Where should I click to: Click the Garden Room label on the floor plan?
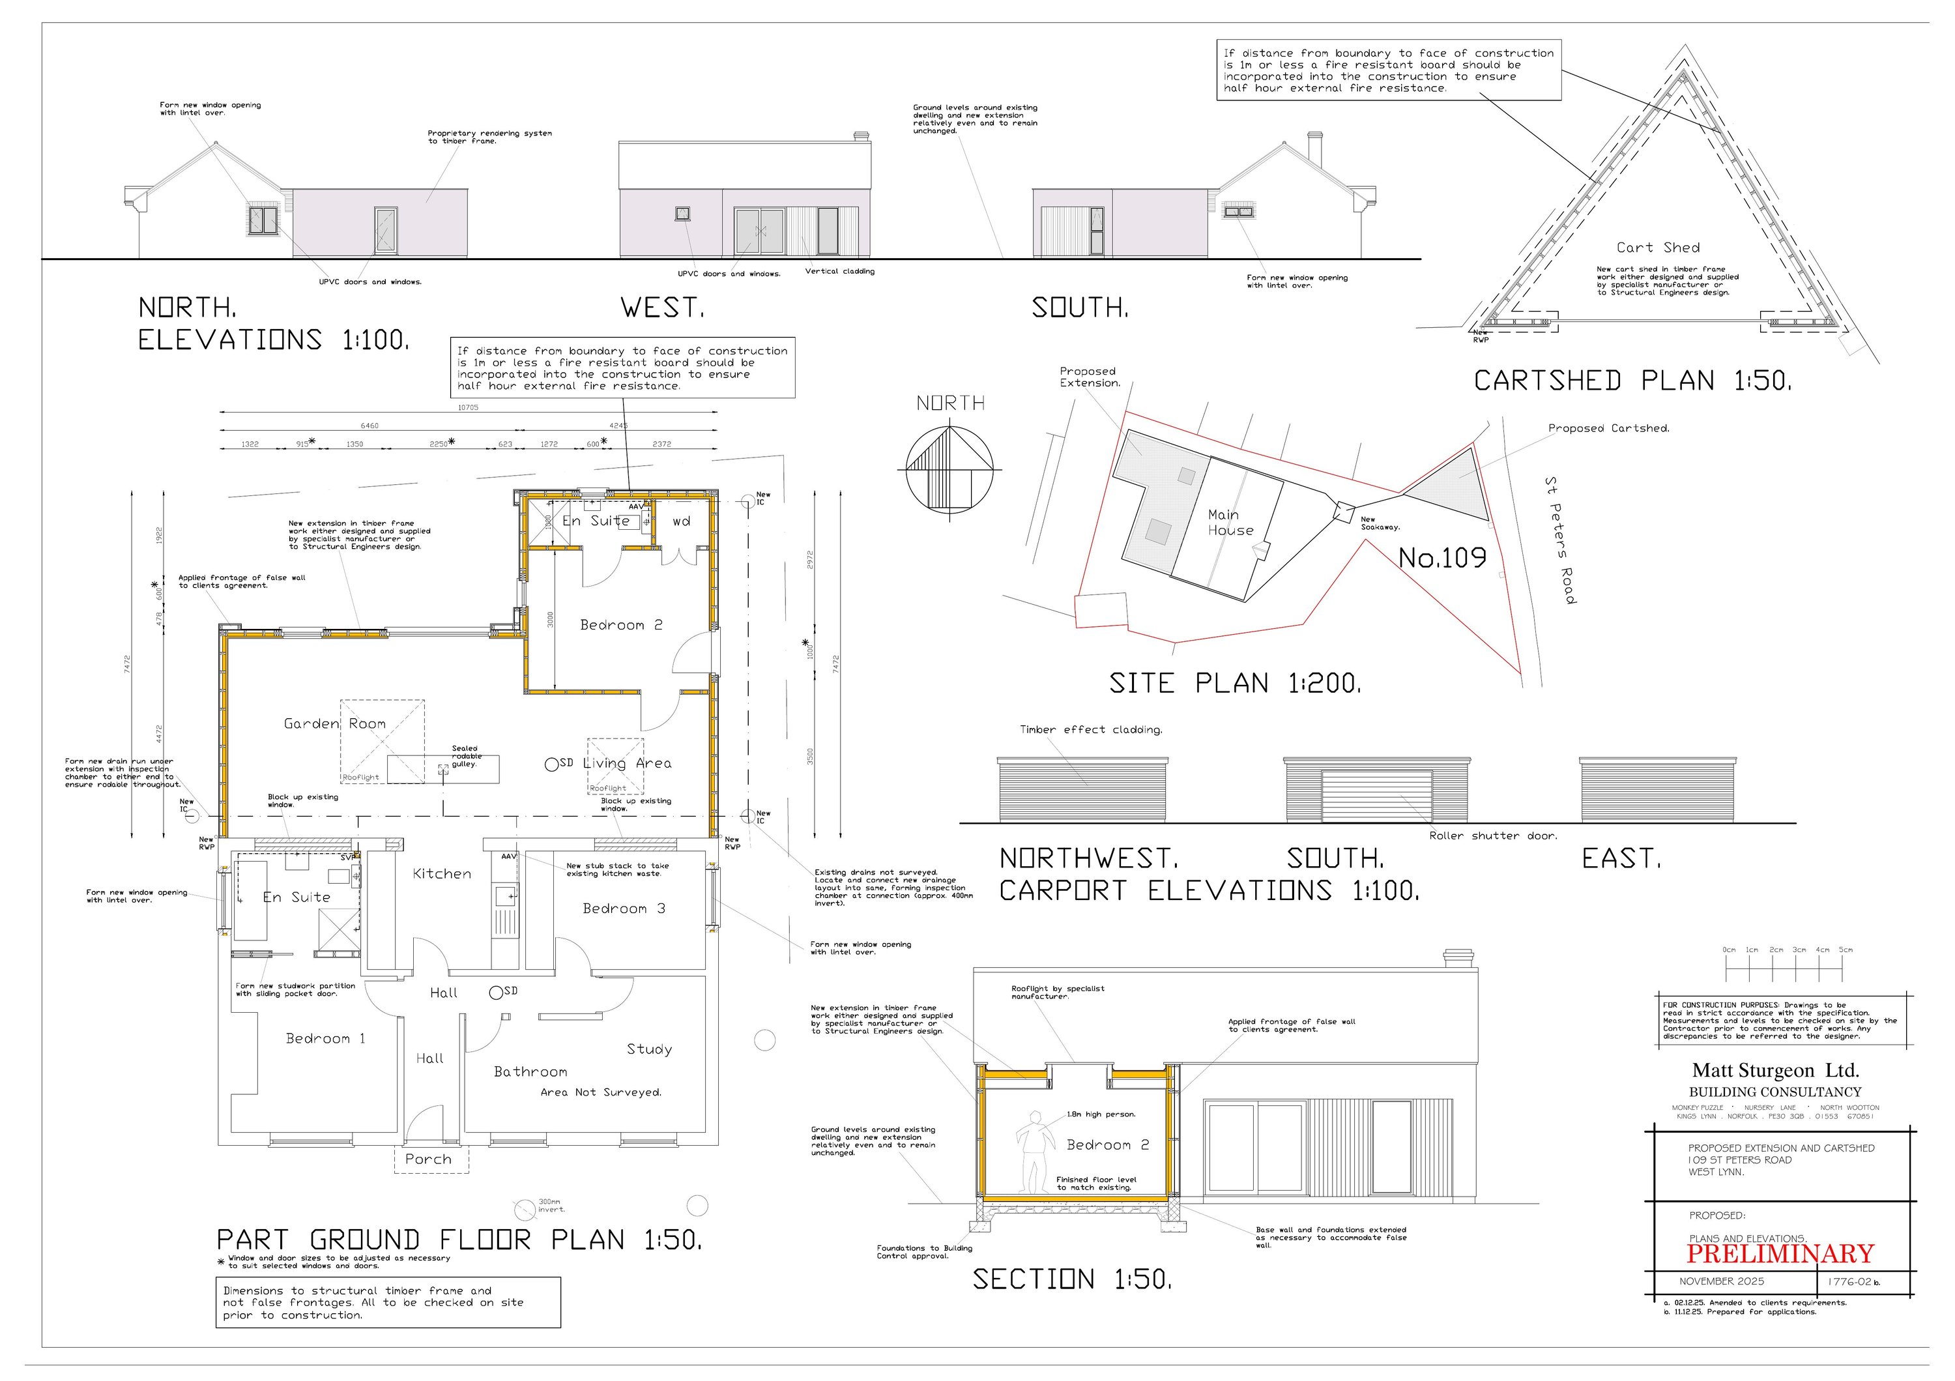[335, 723]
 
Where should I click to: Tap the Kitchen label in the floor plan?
[441, 873]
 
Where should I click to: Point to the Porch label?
[428, 1159]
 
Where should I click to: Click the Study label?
[649, 1049]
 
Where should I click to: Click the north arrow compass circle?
[949, 469]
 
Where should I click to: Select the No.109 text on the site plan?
[1442, 559]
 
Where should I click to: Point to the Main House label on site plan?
[1230, 522]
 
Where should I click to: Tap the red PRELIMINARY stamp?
[1780, 1254]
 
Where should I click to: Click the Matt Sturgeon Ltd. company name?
[1774, 1070]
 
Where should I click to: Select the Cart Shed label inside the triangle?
[1657, 248]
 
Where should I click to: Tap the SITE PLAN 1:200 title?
[1235, 683]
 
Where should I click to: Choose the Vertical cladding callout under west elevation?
[839, 272]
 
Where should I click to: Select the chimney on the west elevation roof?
[861, 136]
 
